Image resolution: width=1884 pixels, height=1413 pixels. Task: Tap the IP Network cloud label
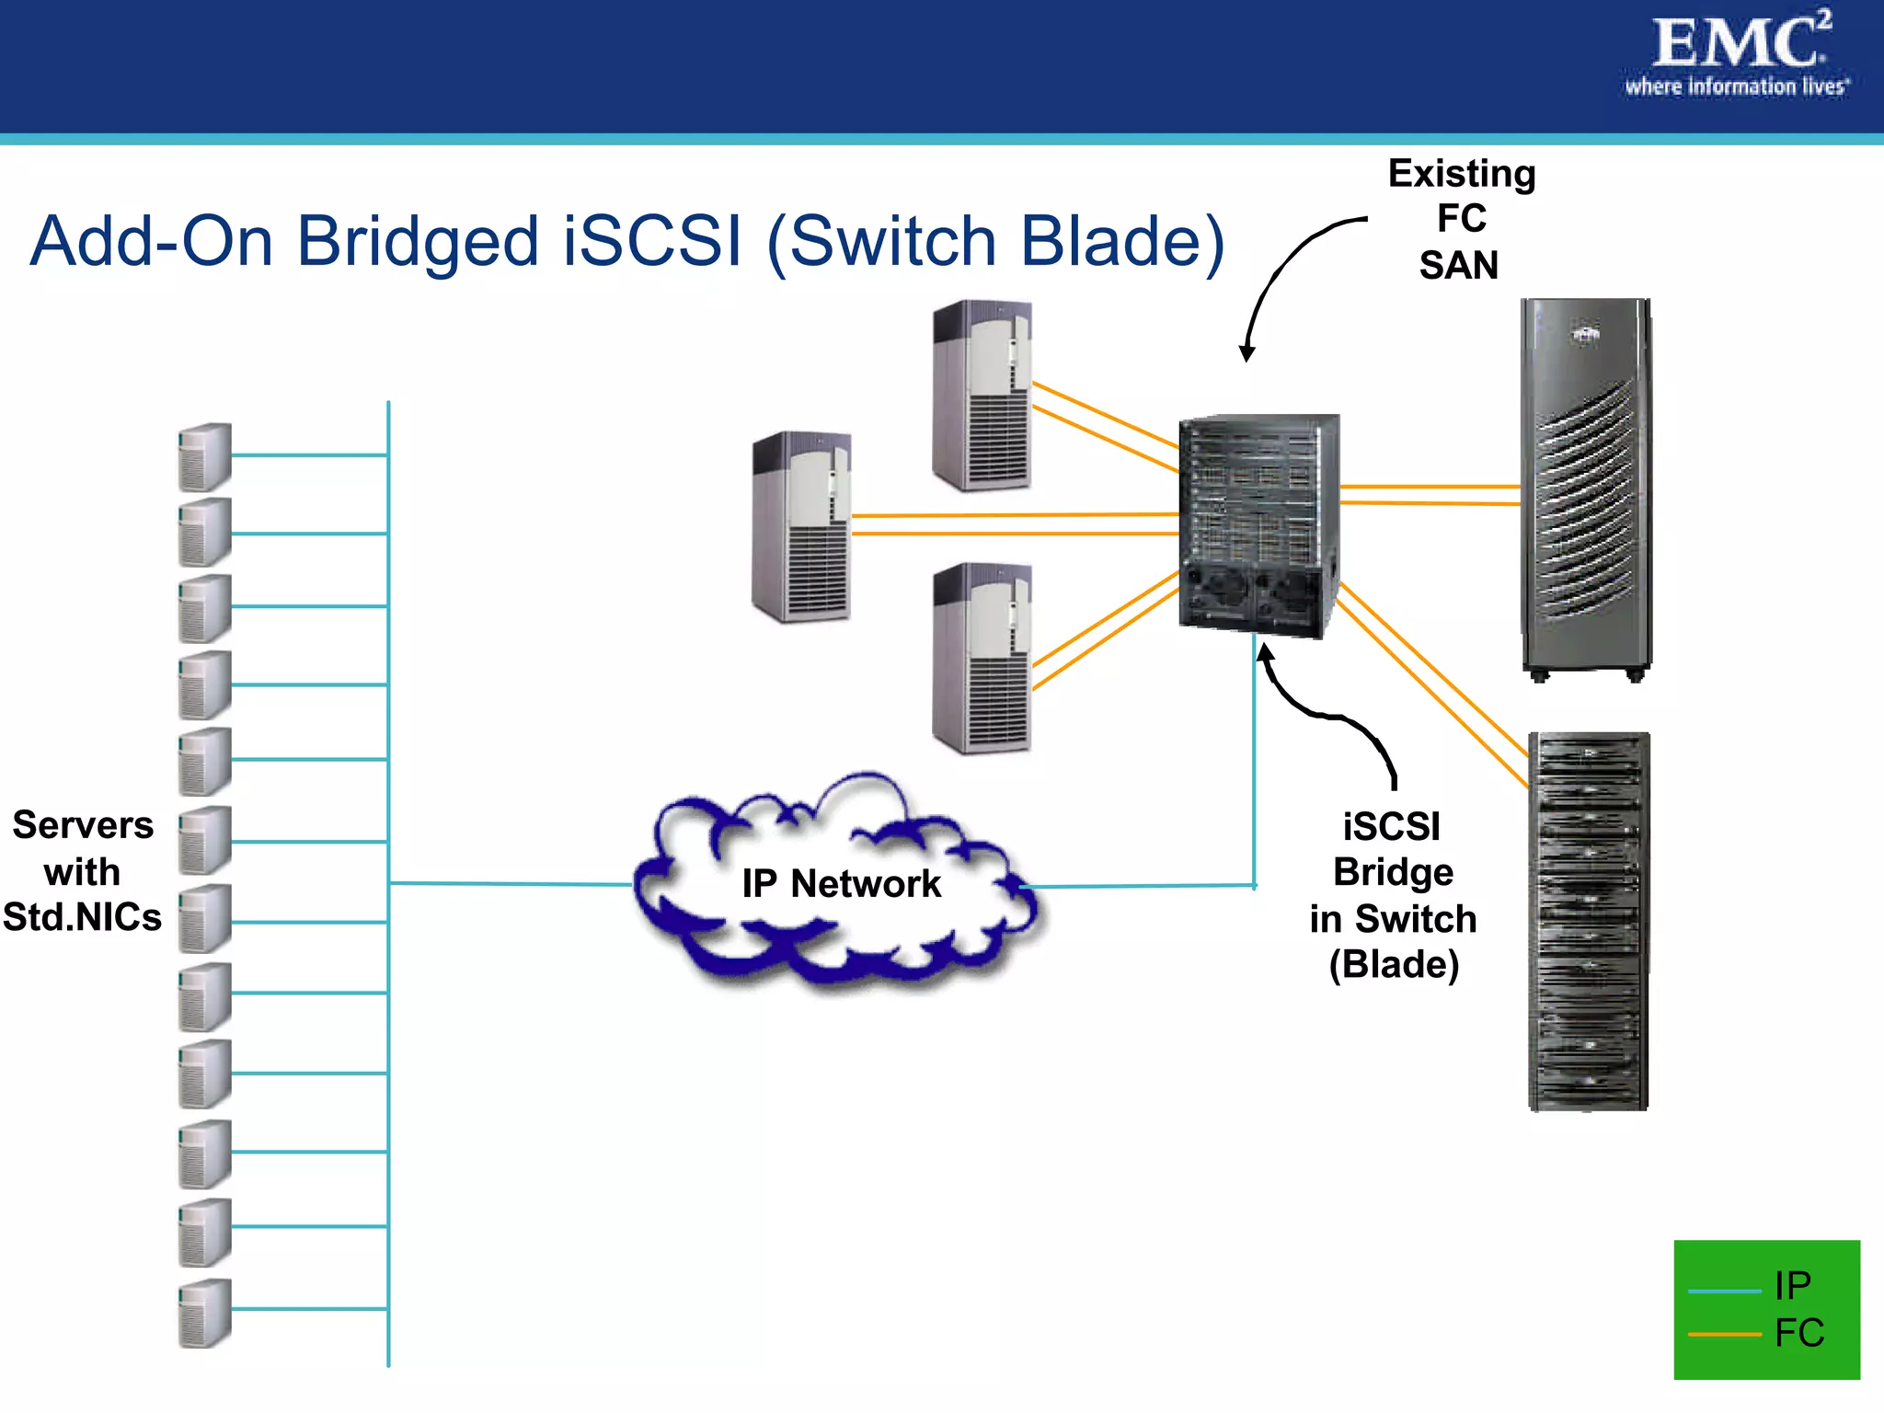tap(841, 884)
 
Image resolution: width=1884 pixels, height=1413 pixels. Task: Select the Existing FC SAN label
tap(1461, 219)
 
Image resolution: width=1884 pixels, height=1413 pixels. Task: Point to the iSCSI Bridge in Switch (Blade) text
tap(1393, 895)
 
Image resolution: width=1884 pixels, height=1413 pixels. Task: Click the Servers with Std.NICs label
tap(82, 871)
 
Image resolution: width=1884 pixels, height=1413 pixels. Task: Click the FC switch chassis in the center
tap(1258, 524)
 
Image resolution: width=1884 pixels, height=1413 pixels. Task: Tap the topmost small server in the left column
tap(204, 456)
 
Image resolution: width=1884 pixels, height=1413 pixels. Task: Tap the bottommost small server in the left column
tap(204, 1313)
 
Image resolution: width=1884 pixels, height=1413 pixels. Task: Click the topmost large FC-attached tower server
tap(982, 396)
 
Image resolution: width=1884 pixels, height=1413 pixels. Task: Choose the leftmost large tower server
tap(801, 527)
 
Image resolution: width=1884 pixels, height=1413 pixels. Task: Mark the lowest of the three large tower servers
tap(982, 659)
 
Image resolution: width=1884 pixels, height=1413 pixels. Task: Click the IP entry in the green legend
tap(1792, 1286)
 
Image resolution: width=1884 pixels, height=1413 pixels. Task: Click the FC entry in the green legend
tap(1798, 1333)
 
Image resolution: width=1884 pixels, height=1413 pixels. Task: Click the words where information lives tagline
tap(1735, 87)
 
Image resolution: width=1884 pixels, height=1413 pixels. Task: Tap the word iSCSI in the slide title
tap(651, 242)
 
